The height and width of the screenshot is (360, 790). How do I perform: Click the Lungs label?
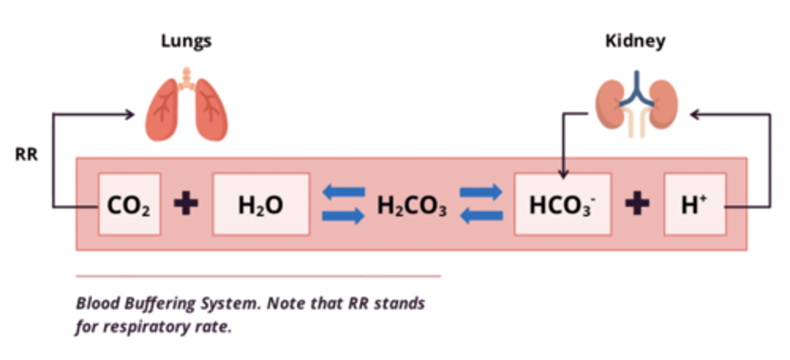pos(186,41)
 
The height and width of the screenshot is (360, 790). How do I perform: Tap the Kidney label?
pos(635,41)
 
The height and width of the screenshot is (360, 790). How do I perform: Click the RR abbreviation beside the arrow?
pos(26,155)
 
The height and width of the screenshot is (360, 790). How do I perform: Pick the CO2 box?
pos(129,205)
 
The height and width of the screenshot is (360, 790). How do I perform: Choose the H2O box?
pos(261,205)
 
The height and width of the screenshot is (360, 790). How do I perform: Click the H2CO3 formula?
pos(411,206)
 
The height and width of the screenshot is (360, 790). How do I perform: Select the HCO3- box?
pos(562,205)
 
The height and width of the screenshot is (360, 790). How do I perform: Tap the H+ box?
pos(695,205)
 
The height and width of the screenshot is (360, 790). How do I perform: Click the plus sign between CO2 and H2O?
pos(186,205)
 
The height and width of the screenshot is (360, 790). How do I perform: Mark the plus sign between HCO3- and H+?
pos(637,205)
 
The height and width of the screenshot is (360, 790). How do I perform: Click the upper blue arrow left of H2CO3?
pos(343,192)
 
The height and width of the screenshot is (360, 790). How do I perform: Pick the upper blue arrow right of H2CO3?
pos(481,192)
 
